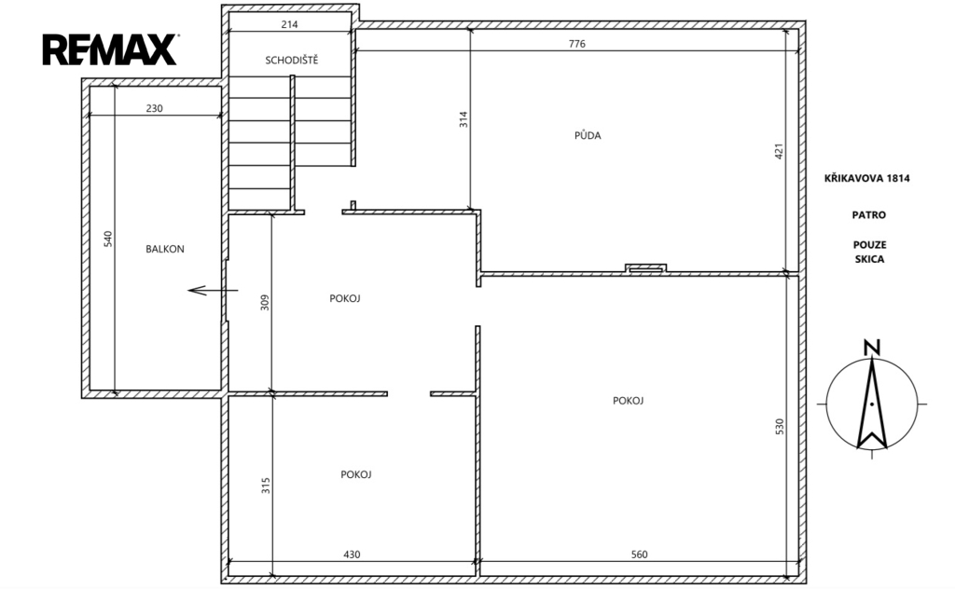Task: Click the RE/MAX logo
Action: pyautogui.click(x=110, y=49)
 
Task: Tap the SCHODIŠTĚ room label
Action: pyautogui.click(x=291, y=60)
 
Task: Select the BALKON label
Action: pyautogui.click(x=164, y=249)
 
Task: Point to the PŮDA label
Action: pyautogui.click(x=588, y=135)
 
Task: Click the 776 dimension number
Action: pyautogui.click(x=576, y=44)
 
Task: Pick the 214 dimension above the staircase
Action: pyautogui.click(x=289, y=24)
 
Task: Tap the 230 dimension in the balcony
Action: pyautogui.click(x=154, y=108)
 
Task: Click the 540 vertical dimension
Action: pyautogui.click(x=108, y=239)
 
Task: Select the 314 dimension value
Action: pyautogui.click(x=464, y=118)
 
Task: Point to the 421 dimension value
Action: pyautogui.click(x=779, y=151)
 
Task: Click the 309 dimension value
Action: pyautogui.click(x=264, y=302)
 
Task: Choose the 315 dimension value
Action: pyautogui.click(x=266, y=485)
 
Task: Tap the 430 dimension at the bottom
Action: pyautogui.click(x=352, y=555)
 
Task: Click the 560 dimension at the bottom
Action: pyautogui.click(x=639, y=555)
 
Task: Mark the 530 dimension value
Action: pyautogui.click(x=779, y=426)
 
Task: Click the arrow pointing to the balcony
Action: pyautogui.click(x=213, y=290)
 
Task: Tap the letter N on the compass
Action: pyautogui.click(x=872, y=348)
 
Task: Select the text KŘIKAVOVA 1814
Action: pyautogui.click(x=866, y=178)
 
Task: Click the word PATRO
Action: pyautogui.click(x=869, y=214)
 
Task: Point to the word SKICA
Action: pyautogui.click(x=869, y=259)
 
